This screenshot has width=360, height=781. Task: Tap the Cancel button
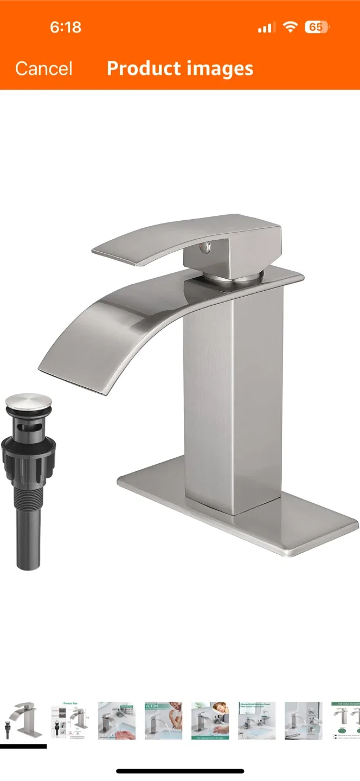43,68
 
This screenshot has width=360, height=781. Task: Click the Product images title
180,68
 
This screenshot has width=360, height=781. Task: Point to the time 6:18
66,27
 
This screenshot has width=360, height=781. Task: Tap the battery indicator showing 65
317,27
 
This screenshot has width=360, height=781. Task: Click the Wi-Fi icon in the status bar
291,27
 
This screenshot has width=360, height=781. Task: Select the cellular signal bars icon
266,27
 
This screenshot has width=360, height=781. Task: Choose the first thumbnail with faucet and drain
23,720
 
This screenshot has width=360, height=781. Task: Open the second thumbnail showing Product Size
70,720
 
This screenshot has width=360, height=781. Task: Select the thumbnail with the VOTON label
163,720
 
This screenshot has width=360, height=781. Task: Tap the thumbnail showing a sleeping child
210,720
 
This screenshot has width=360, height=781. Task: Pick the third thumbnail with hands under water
117,720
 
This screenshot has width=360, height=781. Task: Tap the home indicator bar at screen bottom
180,771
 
